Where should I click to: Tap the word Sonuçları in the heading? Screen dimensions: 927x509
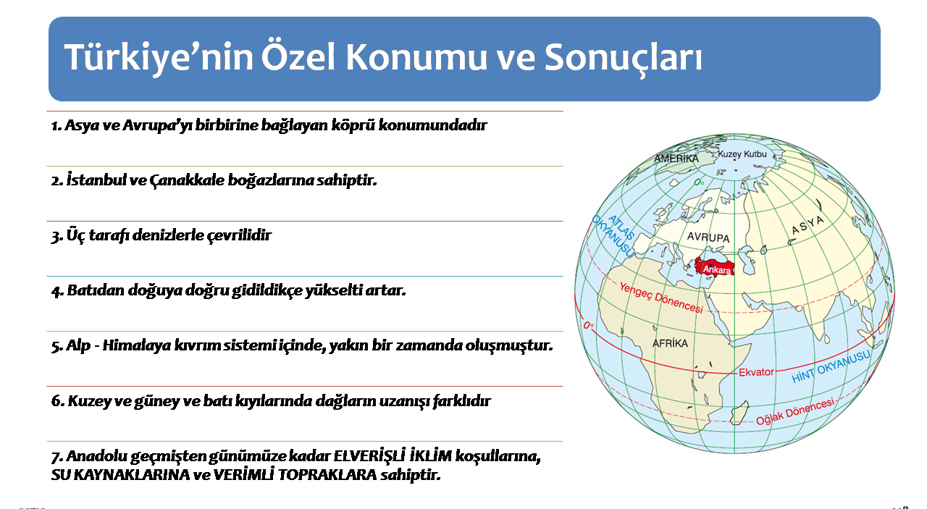tap(623, 59)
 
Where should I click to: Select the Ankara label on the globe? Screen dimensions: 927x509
tap(717, 270)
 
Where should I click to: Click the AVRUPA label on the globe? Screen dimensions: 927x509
tap(708, 237)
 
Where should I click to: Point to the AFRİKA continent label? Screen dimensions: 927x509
tap(670, 343)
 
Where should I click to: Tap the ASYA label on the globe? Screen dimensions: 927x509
tap(808, 224)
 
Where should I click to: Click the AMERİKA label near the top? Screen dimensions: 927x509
tap(676, 159)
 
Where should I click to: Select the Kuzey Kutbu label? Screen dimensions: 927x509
tap(742, 154)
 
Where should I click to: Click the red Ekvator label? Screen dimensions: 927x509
tap(756, 372)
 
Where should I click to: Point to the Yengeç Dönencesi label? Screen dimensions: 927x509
tap(661, 298)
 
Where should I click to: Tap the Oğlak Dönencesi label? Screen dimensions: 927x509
tap(795, 412)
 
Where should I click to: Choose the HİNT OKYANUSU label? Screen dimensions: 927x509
tap(830, 367)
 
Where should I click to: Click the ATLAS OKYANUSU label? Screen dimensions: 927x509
tap(613, 236)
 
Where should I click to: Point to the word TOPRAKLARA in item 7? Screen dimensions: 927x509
tap(327, 475)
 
